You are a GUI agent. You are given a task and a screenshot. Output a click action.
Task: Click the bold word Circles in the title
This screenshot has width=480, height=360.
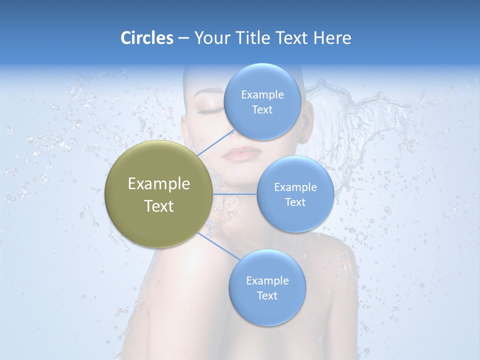point(147,38)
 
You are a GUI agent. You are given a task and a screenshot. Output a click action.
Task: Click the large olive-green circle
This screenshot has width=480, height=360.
point(159,194)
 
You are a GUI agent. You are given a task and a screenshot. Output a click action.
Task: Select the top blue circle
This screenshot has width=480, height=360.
point(262,101)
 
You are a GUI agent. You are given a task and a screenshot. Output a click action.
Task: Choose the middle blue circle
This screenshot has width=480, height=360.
point(295,194)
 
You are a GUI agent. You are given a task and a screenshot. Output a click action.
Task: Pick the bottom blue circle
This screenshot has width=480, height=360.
point(267,287)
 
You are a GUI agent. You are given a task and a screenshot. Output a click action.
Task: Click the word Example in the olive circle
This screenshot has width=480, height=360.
point(159,184)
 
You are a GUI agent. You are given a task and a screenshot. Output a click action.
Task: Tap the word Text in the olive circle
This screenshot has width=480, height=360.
point(159,206)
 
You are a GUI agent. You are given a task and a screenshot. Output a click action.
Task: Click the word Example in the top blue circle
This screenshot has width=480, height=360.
point(262,94)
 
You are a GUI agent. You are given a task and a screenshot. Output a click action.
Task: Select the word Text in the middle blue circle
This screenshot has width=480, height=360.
point(295,202)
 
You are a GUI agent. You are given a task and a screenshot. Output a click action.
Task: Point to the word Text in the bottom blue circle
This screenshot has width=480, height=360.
point(267,295)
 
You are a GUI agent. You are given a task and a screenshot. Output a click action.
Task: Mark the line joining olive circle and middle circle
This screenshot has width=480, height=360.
point(235,194)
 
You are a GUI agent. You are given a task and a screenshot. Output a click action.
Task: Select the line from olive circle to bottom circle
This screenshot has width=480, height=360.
point(217,245)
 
